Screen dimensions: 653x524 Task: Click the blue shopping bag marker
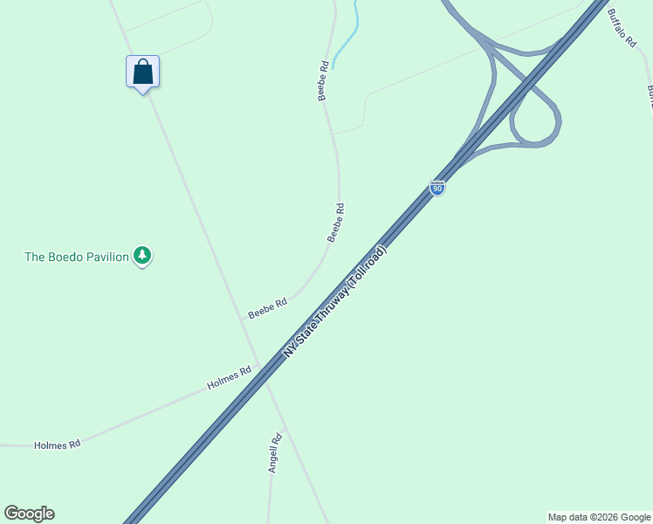coord(143,72)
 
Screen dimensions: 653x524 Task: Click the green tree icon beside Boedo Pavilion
coord(143,256)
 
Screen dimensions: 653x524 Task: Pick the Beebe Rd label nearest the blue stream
coord(323,80)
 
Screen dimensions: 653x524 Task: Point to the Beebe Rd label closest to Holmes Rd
coord(267,308)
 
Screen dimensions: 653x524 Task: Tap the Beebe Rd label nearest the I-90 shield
coord(336,223)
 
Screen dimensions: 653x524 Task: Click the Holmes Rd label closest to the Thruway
coord(229,377)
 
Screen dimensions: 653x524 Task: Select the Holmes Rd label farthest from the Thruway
coord(57,445)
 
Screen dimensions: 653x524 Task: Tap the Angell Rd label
coord(274,453)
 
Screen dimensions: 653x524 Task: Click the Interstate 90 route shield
coord(437,187)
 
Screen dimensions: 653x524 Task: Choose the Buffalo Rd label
coord(622,28)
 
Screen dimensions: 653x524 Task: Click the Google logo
coord(29,514)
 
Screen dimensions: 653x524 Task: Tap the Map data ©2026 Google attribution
coord(599,517)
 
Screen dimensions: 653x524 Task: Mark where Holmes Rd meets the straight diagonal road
coord(258,367)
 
